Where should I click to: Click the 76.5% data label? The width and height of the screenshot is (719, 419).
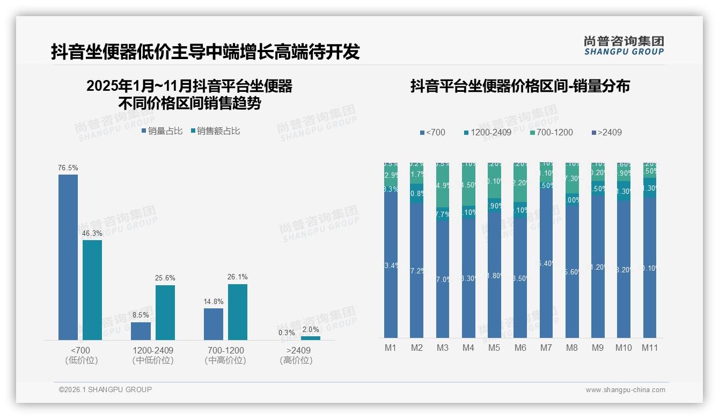[68, 168]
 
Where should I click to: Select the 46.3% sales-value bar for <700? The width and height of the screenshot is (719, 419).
[92, 290]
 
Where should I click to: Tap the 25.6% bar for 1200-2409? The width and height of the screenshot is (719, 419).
[165, 313]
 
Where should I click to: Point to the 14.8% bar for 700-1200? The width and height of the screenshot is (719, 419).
[214, 324]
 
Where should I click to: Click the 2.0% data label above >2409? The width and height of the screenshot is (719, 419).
[311, 330]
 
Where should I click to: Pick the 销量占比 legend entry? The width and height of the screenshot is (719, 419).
[162, 131]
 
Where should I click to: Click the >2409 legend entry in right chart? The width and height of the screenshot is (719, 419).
[606, 132]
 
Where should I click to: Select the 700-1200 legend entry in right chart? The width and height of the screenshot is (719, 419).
[551, 132]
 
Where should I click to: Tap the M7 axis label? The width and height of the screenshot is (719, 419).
[546, 348]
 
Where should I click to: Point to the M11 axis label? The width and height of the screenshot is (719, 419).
[650, 348]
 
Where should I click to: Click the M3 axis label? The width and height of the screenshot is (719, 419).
[442, 348]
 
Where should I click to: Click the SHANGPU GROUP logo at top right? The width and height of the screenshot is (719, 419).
[623, 46]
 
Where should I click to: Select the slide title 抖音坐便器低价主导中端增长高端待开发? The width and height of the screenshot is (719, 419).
[205, 52]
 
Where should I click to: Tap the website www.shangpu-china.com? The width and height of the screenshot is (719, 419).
[625, 390]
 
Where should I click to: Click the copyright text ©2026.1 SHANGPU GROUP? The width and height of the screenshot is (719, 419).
[105, 389]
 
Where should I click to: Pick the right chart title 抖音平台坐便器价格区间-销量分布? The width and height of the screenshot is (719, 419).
[520, 86]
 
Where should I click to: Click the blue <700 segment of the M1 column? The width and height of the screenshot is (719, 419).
[391, 266]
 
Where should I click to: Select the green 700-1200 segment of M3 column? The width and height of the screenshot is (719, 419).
[443, 185]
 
